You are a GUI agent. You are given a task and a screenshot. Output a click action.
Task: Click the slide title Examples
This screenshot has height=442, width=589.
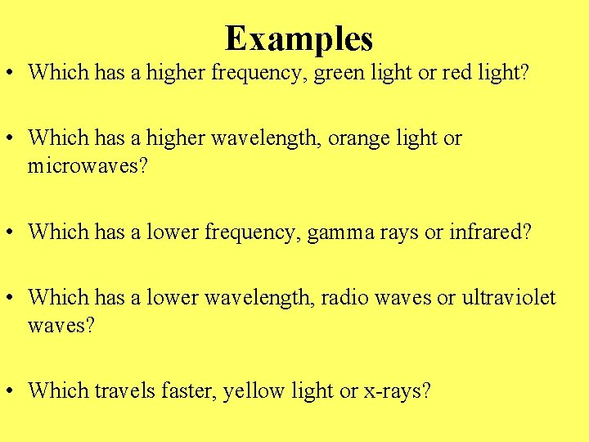(x=299, y=38)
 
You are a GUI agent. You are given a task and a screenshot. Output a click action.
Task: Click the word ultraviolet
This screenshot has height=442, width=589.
(x=509, y=298)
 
